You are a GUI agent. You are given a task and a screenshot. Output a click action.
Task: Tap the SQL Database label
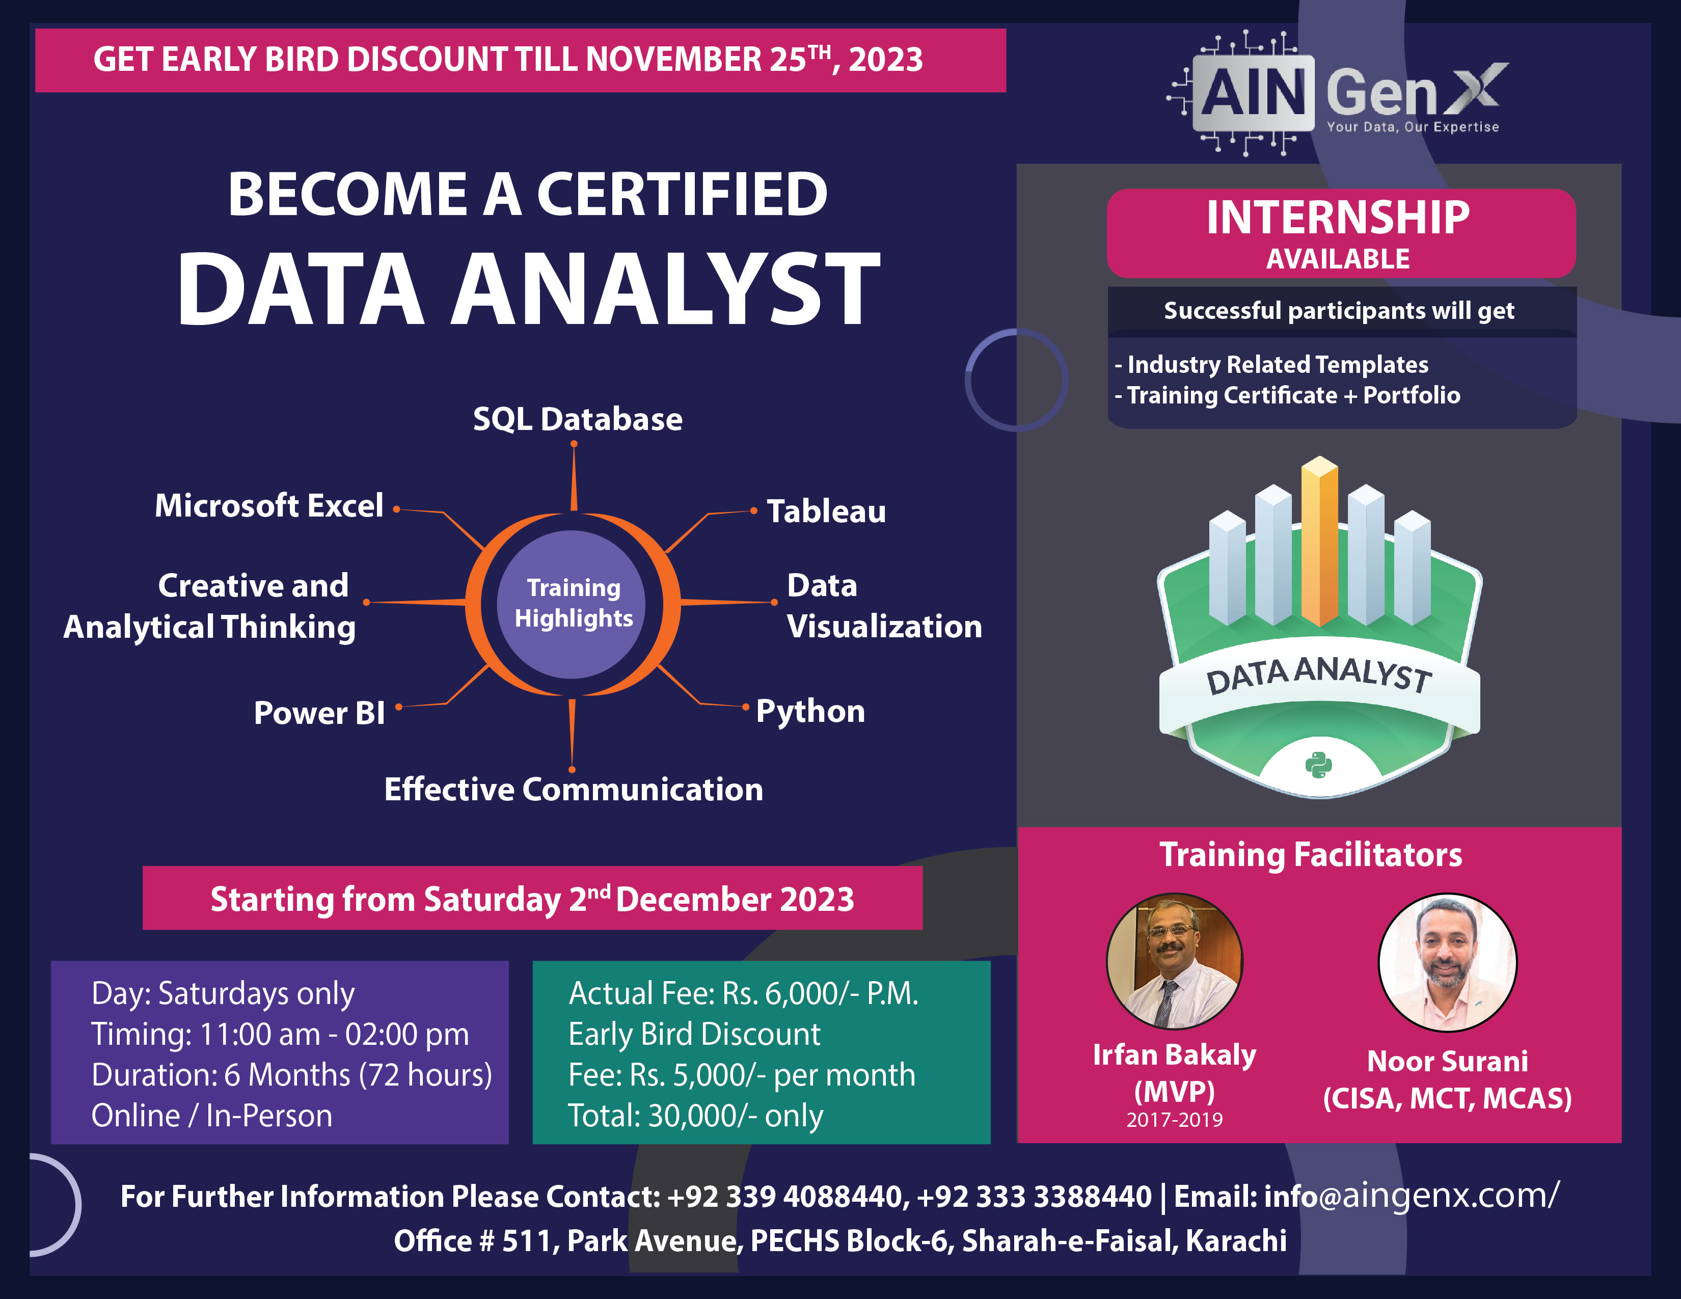pyautogui.click(x=577, y=419)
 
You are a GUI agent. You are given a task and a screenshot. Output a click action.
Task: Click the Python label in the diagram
pyautogui.click(x=810, y=711)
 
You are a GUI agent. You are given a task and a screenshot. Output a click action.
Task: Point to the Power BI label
pyautogui.click(x=319, y=713)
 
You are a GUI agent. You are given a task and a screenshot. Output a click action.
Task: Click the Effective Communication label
pyautogui.click(x=574, y=790)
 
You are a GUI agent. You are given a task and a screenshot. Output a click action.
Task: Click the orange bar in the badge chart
pyautogui.click(x=1319, y=543)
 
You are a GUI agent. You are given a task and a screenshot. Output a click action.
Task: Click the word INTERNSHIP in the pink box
pyautogui.click(x=1338, y=218)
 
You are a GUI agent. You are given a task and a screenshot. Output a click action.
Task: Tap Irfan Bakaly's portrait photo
pyautogui.click(x=1174, y=961)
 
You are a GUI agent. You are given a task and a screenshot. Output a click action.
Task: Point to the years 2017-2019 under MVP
pyautogui.click(x=1174, y=1120)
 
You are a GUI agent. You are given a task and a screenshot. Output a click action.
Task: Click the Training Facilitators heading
pyautogui.click(x=1310, y=855)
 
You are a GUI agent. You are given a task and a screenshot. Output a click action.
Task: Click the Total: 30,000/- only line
pyautogui.click(x=695, y=1116)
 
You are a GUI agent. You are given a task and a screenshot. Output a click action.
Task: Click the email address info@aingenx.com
pyautogui.click(x=1408, y=1197)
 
